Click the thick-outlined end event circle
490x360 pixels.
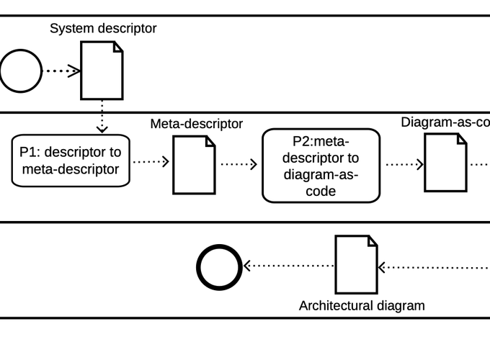point(220,266)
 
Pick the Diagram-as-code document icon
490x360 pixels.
point(445,163)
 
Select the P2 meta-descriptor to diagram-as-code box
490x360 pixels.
point(321,165)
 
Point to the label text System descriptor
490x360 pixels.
point(103,29)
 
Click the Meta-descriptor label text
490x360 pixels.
point(196,124)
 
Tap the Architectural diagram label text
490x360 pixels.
point(362,305)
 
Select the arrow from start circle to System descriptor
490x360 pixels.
point(62,71)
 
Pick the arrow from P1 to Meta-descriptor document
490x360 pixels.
point(151,161)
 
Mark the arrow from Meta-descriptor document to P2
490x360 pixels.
point(239,164)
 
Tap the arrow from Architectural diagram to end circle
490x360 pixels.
point(288,266)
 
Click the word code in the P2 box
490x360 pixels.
point(321,192)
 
